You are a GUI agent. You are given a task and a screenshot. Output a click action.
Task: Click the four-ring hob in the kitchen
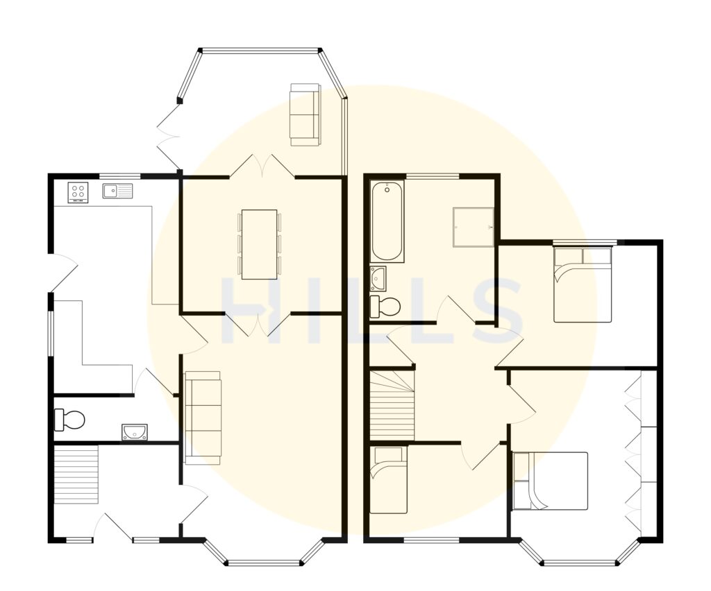pyautogui.click(x=78, y=191)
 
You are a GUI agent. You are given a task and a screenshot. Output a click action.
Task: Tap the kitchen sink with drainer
pyautogui.click(x=118, y=190)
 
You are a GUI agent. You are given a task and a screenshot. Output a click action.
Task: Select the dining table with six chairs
pyautogui.click(x=259, y=244)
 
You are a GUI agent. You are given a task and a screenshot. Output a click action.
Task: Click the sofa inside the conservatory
pyautogui.click(x=306, y=114)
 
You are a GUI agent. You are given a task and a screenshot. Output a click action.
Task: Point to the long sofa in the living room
pyautogui.click(x=203, y=418)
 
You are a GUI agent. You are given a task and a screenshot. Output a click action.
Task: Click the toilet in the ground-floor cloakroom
pyautogui.click(x=69, y=419)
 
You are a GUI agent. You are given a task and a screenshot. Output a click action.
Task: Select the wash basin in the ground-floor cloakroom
pyautogui.click(x=133, y=432)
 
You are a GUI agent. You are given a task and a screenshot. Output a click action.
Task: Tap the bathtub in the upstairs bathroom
pyautogui.click(x=387, y=222)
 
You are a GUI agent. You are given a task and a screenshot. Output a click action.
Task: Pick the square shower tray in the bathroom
pyautogui.click(x=474, y=227)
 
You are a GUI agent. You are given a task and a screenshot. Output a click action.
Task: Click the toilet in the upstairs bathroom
pyautogui.click(x=385, y=305)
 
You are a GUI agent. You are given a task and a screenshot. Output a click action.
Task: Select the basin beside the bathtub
pyautogui.click(x=378, y=277)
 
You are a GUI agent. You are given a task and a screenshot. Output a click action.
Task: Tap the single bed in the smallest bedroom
pyautogui.click(x=388, y=480)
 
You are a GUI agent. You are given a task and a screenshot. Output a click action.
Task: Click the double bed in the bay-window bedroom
pyautogui.click(x=550, y=481)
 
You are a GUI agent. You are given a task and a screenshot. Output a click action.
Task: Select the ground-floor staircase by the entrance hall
pyautogui.click(x=76, y=475)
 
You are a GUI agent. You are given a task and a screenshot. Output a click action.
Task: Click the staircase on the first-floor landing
pyautogui.click(x=393, y=406)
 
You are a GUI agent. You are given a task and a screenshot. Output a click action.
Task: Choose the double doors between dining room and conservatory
pyautogui.click(x=262, y=166)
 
